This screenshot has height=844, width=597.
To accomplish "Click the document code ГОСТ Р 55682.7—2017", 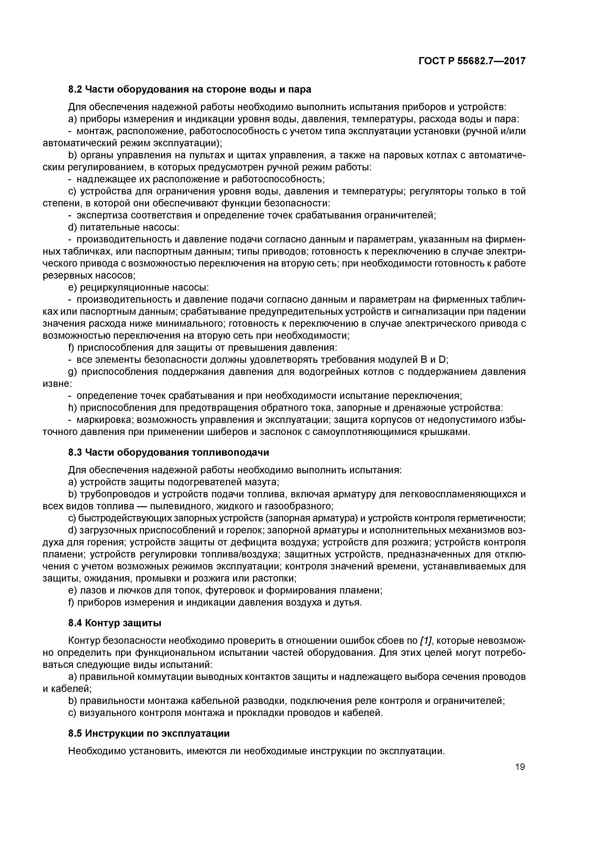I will pos(472,61).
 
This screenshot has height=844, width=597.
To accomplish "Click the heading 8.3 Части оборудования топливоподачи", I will pos(169,453).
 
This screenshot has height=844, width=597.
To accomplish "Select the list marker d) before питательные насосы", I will pos(73,228).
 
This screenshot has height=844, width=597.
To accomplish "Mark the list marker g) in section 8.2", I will pos(73,372).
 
